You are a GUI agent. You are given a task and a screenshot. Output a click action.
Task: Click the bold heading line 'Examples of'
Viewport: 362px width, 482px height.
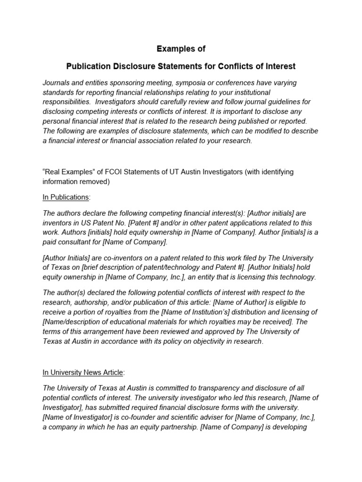(x=181, y=49)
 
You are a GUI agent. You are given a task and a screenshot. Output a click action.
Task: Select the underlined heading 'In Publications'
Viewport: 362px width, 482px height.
(x=66, y=197)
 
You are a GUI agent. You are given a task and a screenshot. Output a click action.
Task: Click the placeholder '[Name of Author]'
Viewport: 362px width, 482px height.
(x=239, y=302)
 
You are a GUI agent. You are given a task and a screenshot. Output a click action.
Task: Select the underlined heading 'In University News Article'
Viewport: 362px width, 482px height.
(x=83, y=372)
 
